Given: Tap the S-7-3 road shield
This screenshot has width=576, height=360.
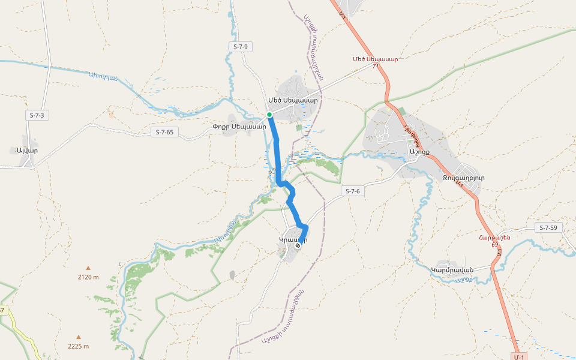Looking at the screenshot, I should point(37,115).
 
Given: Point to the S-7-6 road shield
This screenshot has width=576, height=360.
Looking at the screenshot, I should point(353,191).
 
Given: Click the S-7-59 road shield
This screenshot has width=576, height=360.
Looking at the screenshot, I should point(548,228).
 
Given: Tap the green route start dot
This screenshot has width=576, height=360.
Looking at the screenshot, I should point(269,115).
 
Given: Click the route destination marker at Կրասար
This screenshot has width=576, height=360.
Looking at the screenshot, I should point(298,245).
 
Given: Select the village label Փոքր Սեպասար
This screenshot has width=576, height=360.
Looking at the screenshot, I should point(239,127).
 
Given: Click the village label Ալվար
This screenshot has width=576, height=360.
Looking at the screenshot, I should point(28,151).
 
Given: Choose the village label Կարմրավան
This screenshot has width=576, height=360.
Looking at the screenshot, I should point(452,269).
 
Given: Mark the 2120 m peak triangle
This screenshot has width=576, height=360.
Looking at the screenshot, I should point(88,268).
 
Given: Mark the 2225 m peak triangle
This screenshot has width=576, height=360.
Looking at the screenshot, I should point(78,337).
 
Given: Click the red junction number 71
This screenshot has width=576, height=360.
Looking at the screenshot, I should point(376,66).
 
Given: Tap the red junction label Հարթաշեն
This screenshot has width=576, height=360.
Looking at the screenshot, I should point(494,238).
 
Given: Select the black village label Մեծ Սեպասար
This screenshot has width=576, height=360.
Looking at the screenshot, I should point(293,100).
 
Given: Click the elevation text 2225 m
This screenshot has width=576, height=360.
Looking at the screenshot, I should point(79,346).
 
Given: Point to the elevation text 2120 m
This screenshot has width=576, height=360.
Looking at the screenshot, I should point(88,277).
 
